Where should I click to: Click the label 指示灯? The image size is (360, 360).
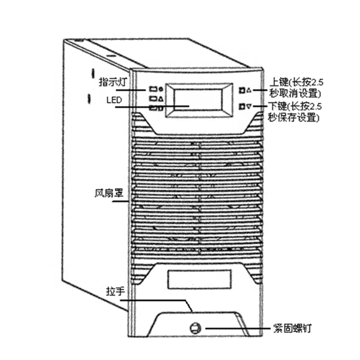(113, 82)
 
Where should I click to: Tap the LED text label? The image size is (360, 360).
(114, 100)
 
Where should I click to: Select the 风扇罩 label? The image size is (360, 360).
(109, 193)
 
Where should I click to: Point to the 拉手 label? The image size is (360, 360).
(115, 291)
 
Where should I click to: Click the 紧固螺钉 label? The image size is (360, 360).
(292, 328)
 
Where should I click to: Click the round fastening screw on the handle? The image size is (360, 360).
(195, 328)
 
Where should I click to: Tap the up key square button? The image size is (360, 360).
(242, 90)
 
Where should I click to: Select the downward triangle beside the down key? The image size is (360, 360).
(249, 107)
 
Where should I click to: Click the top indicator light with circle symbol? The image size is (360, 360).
(156, 89)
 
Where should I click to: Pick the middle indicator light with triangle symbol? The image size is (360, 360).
(156, 99)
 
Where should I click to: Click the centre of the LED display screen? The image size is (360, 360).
(198, 100)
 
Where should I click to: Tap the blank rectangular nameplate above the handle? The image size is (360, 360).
(199, 279)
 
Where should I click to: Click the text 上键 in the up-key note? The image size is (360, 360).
(279, 82)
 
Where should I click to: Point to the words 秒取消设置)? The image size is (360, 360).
(295, 94)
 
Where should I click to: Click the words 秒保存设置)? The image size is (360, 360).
(294, 118)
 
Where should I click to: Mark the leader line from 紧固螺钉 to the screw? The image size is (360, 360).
(238, 328)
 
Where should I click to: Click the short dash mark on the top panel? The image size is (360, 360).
(111, 56)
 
